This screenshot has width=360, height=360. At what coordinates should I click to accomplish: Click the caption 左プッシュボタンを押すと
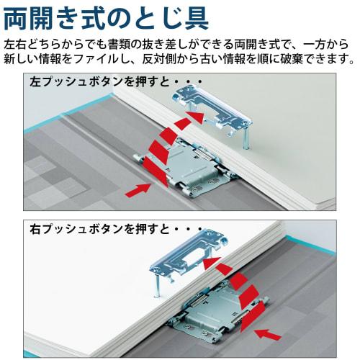(x=94, y=81)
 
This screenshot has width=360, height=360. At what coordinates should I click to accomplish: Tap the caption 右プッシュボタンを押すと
(x=94, y=230)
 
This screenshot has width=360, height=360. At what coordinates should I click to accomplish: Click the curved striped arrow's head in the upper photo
(x=194, y=115)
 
